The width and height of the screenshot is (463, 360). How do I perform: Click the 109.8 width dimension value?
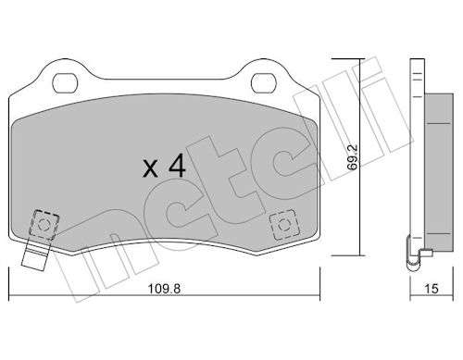tap(164, 289)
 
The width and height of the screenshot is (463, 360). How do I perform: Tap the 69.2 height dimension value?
tap(352, 157)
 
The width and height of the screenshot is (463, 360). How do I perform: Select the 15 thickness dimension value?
tap(432, 289)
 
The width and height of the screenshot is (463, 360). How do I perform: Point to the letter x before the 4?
tap(151, 169)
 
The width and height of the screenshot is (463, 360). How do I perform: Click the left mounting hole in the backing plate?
tap(64, 83)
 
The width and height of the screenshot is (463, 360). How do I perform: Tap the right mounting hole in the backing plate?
tap(263, 83)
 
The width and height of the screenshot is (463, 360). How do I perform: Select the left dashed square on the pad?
tap(44, 225)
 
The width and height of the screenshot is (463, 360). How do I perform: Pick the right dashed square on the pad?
tap(284, 225)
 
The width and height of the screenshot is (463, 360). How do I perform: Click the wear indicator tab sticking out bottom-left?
tap(34, 255)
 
